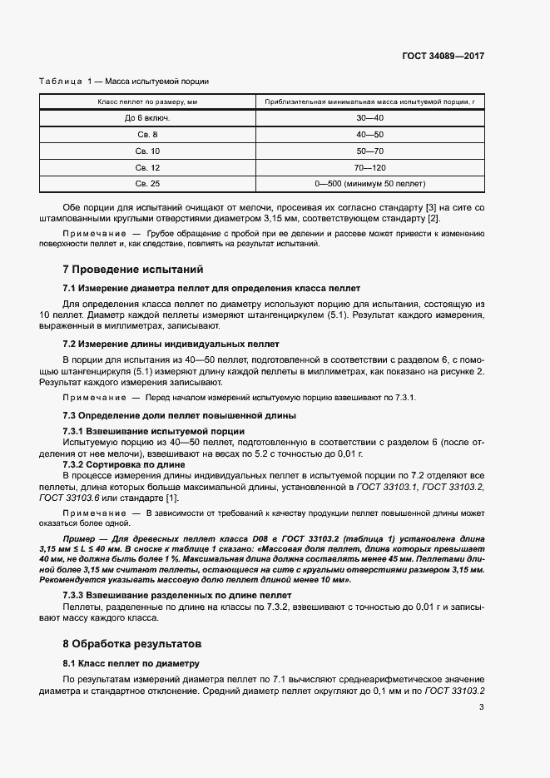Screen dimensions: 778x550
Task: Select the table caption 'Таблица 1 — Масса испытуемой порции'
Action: click(x=124, y=82)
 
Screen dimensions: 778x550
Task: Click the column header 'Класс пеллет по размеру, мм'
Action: click(x=147, y=102)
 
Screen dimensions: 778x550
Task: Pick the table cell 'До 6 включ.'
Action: click(x=147, y=118)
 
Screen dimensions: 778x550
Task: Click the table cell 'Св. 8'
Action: click(x=147, y=134)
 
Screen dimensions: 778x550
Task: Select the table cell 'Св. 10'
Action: click(x=147, y=151)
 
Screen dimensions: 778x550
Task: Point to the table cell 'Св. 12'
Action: click(x=147, y=166)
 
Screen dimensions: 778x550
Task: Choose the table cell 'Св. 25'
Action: click(x=147, y=183)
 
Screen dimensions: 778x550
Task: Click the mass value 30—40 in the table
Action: click(x=369, y=118)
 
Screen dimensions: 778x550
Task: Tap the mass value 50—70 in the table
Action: click(x=369, y=151)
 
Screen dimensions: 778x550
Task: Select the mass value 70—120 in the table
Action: click(x=369, y=166)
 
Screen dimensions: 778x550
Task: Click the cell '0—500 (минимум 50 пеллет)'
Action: click(x=369, y=183)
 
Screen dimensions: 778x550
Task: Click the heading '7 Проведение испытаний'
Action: click(x=132, y=270)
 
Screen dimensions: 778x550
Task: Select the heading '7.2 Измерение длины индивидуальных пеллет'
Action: click(x=171, y=344)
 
